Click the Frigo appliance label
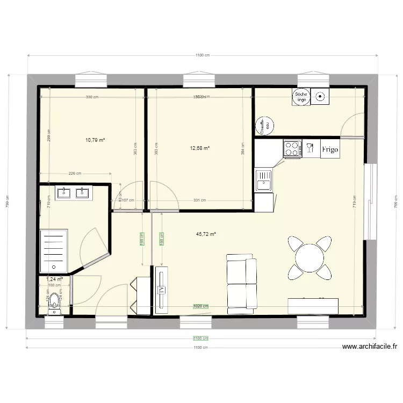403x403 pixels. point(330,149)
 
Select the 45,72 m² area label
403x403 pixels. point(206,234)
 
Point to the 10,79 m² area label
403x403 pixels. point(95,140)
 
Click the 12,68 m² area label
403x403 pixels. point(199,148)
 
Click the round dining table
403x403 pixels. point(309,258)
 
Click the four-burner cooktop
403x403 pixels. point(293,149)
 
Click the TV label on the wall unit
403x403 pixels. point(161,289)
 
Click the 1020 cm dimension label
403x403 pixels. point(200,306)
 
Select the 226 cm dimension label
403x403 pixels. point(75,174)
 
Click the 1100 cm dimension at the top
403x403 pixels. point(202,55)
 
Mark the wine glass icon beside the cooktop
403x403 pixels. point(310,148)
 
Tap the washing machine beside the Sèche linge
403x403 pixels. point(320,97)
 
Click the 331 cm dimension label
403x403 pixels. point(199,200)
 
